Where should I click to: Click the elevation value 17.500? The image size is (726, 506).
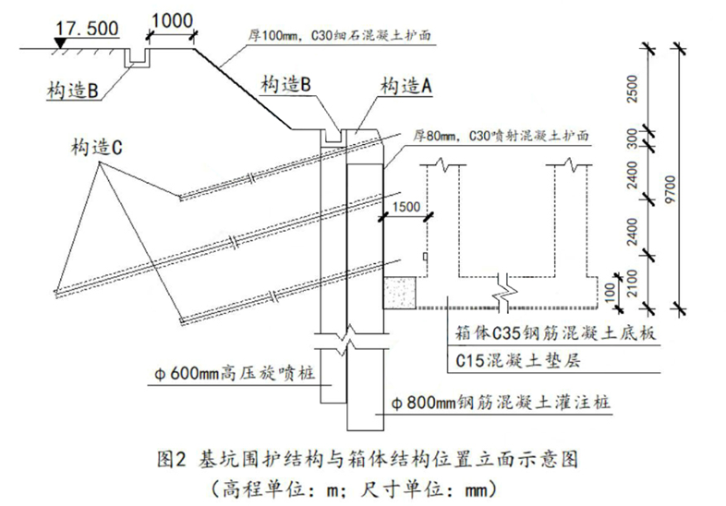tap(87, 29)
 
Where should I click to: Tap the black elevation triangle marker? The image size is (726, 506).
tap(60, 42)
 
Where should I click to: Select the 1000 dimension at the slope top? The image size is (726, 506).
tap(172, 21)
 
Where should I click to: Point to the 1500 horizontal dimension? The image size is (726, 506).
tap(405, 207)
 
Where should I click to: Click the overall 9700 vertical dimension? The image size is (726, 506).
tap(670, 188)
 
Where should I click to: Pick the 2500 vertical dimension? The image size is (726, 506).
tap(632, 89)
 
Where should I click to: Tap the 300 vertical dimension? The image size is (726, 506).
tap(632, 139)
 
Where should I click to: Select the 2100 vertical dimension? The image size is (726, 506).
tap(632, 283)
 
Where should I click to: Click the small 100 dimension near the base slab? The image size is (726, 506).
tap(611, 291)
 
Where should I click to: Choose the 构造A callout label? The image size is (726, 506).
tap(406, 86)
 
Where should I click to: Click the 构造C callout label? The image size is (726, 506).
tap(96, 148)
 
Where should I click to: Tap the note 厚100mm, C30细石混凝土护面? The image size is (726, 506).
tap(339, 36)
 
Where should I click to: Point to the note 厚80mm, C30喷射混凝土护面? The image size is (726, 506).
tap(501, 136)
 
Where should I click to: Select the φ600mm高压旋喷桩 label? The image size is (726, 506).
tap(235, 373)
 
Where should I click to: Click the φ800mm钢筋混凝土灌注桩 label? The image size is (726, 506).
tap(501, 402)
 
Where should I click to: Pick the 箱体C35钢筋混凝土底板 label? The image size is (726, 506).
tap(555, 333)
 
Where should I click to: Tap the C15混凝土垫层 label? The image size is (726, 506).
tap(517, 360)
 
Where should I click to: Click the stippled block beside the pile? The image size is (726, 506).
tap(400, 293)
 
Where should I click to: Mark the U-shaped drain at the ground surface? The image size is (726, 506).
tap(137, 58)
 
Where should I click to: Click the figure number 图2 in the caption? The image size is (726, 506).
tap(172, 459)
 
